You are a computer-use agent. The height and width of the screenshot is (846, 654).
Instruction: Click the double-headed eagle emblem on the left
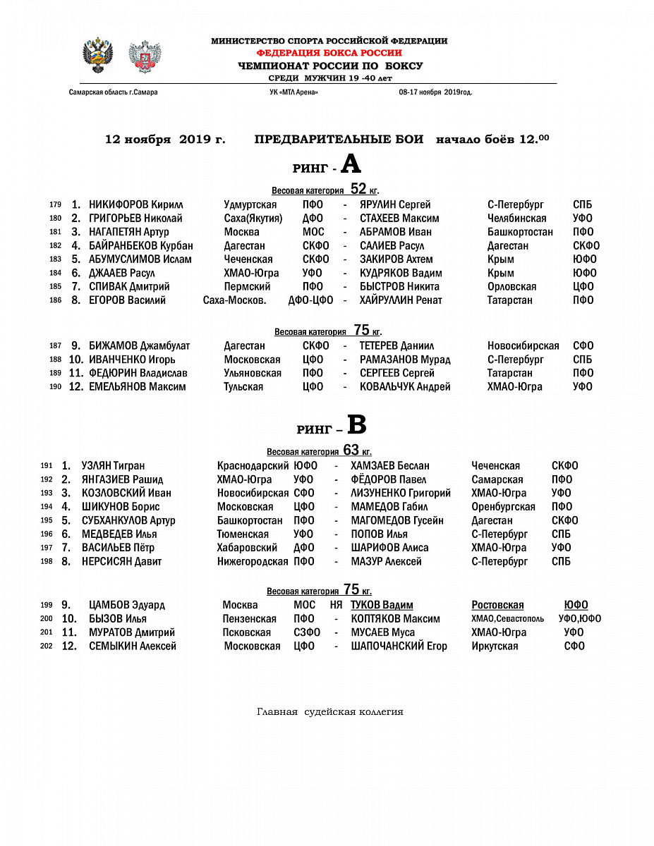pyautogui.click(x=98, y=56)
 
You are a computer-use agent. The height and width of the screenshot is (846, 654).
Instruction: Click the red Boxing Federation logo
pyautogui.click(x=145, y=56)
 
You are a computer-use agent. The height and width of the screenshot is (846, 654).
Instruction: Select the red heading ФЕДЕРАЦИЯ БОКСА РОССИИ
pyautogui.click(x=329, y=53)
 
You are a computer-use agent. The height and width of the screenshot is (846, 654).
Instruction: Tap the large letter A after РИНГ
pyautogui.click(x=351, y=164)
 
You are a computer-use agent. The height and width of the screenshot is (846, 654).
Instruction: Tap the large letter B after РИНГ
pyautogui.click(x=357, y=425)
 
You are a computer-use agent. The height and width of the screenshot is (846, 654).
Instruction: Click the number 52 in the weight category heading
pyautogui.click(x=358, y=189)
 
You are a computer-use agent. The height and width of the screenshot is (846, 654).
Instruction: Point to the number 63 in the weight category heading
pyautogui.click(x=351, y=450)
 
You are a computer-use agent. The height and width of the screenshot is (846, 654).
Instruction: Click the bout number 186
pyautogui.click(x=56, y=300)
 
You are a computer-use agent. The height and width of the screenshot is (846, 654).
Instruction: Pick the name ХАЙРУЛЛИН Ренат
pyautogui.click(x=401, y=300)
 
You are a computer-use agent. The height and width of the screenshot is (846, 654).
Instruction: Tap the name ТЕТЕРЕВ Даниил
pyautogui.click(x=396, y=346)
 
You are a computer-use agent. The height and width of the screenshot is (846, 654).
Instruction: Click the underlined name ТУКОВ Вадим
pyautogui.click(x=382, y=605)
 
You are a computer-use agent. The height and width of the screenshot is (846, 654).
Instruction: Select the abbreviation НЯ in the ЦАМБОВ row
pyautogui.click(x=336, y=605)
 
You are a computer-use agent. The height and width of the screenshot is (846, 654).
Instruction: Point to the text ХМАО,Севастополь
pyautogui.click(x=507, y=619)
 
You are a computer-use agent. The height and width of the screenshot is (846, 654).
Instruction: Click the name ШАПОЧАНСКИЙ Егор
pyautogui.click(x=399, y=646)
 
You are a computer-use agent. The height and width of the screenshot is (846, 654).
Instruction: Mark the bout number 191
pyautogui.click(x=47, y=466)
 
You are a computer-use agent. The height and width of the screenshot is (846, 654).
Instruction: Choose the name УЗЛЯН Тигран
pyautogui.click(x=113, y=466)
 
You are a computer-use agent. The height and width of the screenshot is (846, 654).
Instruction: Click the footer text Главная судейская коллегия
pyautogui.click(x=329, y=712)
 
